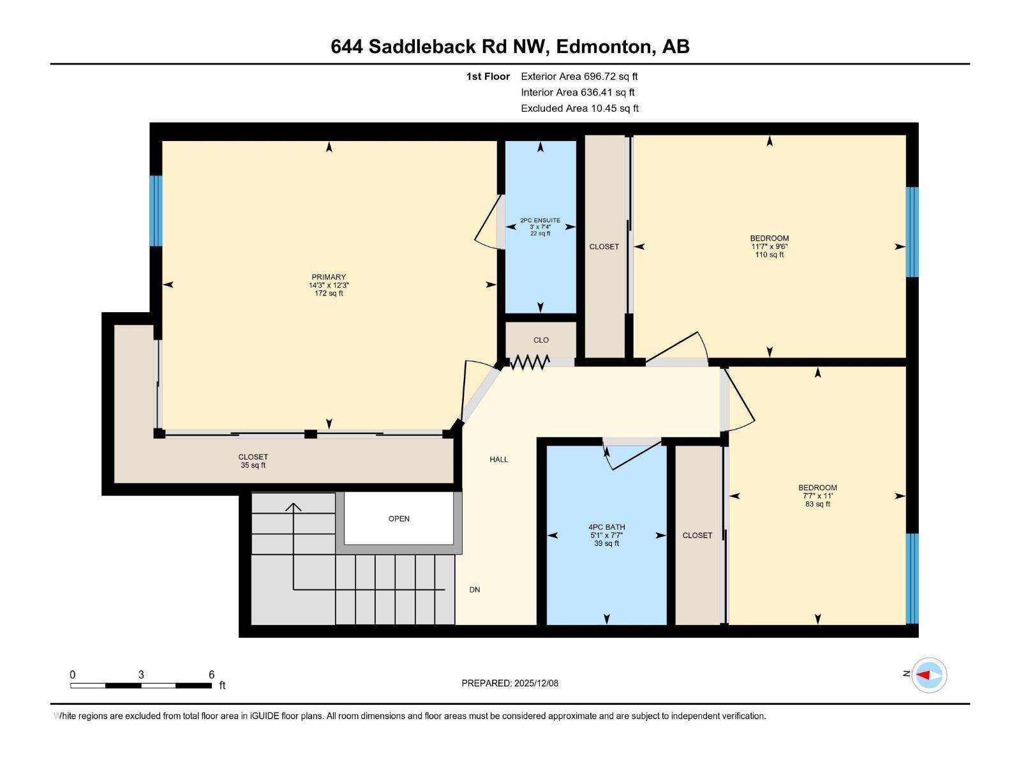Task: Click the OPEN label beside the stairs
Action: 399,519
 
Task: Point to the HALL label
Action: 498,460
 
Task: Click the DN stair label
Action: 474,590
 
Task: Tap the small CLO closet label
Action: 540,340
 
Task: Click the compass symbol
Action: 928,675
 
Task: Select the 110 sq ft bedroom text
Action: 769,255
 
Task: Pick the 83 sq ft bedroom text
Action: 817,504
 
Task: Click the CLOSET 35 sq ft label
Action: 253,461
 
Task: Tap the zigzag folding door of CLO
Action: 529,363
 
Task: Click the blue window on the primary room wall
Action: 156,211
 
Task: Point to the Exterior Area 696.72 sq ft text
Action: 579,77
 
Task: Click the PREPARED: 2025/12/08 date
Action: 510,683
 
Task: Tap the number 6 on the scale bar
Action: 211,675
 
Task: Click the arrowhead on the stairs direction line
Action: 293,507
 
